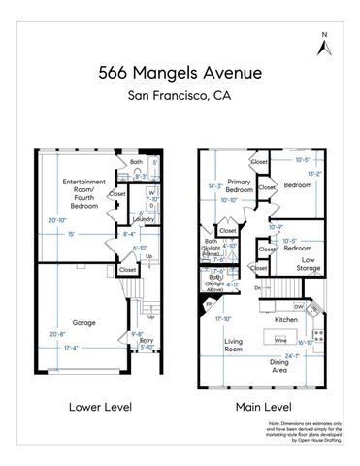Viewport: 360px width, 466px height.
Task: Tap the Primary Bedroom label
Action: tap(240, 185)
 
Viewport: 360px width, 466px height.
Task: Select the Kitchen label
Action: tap(285, 319)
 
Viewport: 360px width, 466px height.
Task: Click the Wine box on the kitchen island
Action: tap(279, 341)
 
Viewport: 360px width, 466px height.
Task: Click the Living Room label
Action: tap(234, 347)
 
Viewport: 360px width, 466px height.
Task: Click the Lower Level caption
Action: tap(82, 407)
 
